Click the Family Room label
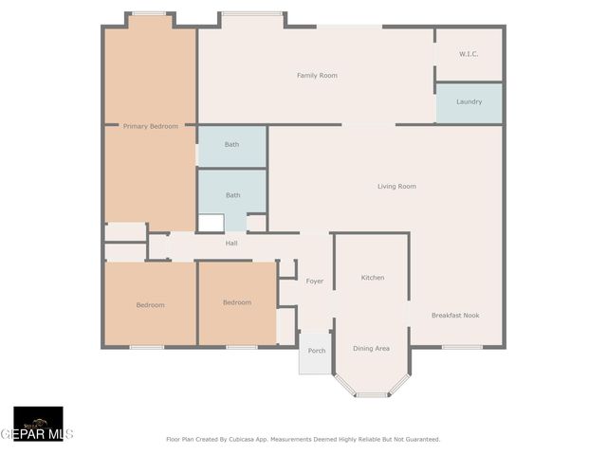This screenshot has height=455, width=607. point(317,76)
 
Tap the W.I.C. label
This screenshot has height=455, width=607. point(469,54)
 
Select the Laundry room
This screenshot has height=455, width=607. point(469,102)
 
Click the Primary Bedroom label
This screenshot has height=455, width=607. point(150,126)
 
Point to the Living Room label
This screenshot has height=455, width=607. point(396,187)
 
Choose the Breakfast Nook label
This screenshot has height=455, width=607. point(455,316)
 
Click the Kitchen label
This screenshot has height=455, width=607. point(373,278)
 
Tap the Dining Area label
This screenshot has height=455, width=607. point(371,349)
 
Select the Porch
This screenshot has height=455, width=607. point(316,352)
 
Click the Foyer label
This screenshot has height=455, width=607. point(314,282)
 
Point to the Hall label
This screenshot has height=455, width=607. point(231,244)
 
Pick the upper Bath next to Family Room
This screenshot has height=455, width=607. point(231,145)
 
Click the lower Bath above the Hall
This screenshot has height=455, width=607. point(232,195)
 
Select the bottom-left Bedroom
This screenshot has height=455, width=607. point(150,305)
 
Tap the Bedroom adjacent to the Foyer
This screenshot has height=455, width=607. point(237,302)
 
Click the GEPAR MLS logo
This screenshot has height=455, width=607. point(38,426)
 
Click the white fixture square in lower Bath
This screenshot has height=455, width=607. point(211,223)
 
